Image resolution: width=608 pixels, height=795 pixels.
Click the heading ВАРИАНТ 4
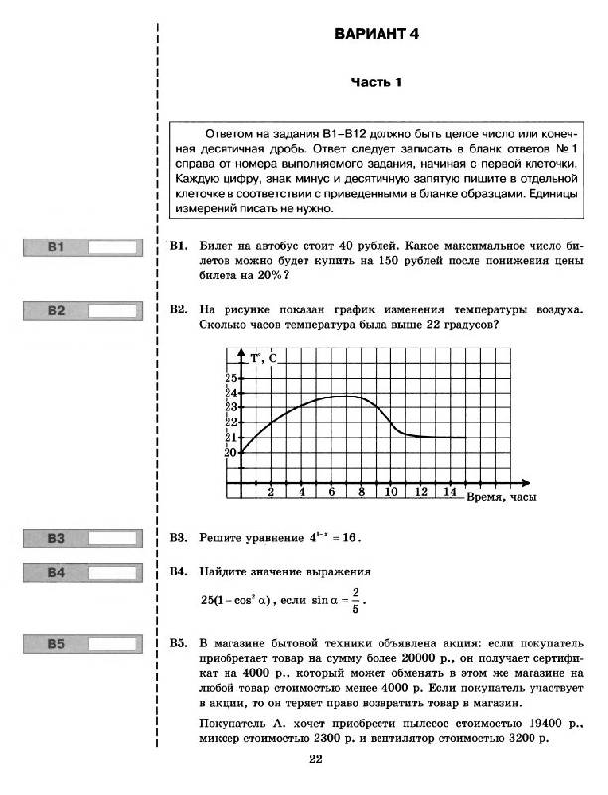tap(379, 34)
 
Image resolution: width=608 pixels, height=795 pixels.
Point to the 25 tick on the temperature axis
tap(231, 378)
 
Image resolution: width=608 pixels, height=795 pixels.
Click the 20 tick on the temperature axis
tap(231, 452)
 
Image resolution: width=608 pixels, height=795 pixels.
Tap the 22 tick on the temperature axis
tap(231, 422)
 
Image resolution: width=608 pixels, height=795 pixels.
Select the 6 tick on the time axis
tap(331, 493)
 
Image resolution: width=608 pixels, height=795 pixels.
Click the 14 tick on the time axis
tap(450, 493)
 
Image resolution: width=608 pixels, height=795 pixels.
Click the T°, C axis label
tap(263, 358)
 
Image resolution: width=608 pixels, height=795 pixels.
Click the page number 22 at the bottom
tap(316, 760)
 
